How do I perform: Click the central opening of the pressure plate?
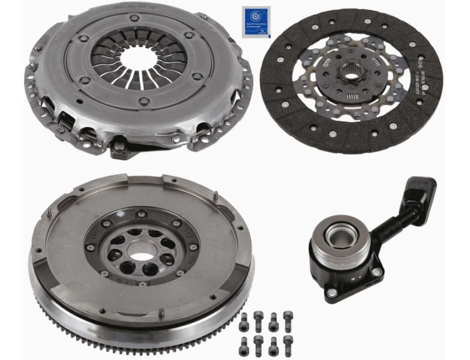click(140, 57)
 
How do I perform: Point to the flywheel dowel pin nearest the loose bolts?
click(161, 313)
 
